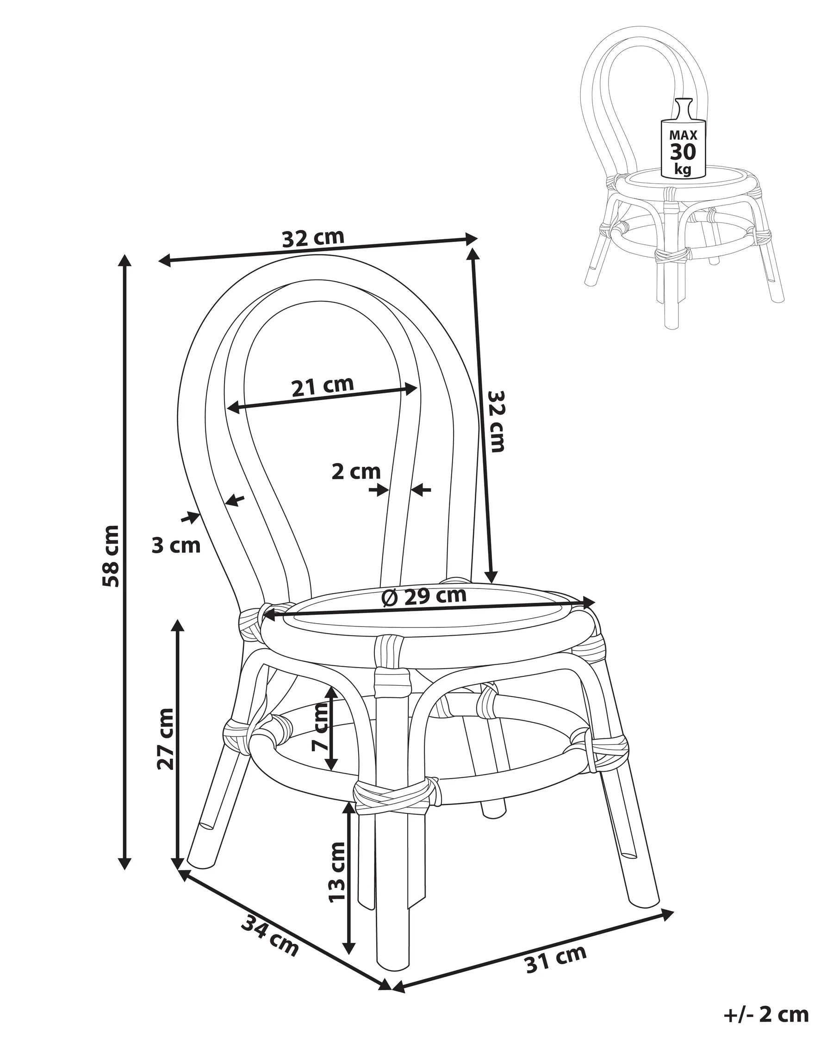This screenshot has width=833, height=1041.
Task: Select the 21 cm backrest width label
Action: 323,386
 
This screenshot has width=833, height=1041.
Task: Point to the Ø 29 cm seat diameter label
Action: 424,597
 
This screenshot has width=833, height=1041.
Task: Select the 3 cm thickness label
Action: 176,545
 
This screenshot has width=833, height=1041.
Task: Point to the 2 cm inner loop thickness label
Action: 356,472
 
